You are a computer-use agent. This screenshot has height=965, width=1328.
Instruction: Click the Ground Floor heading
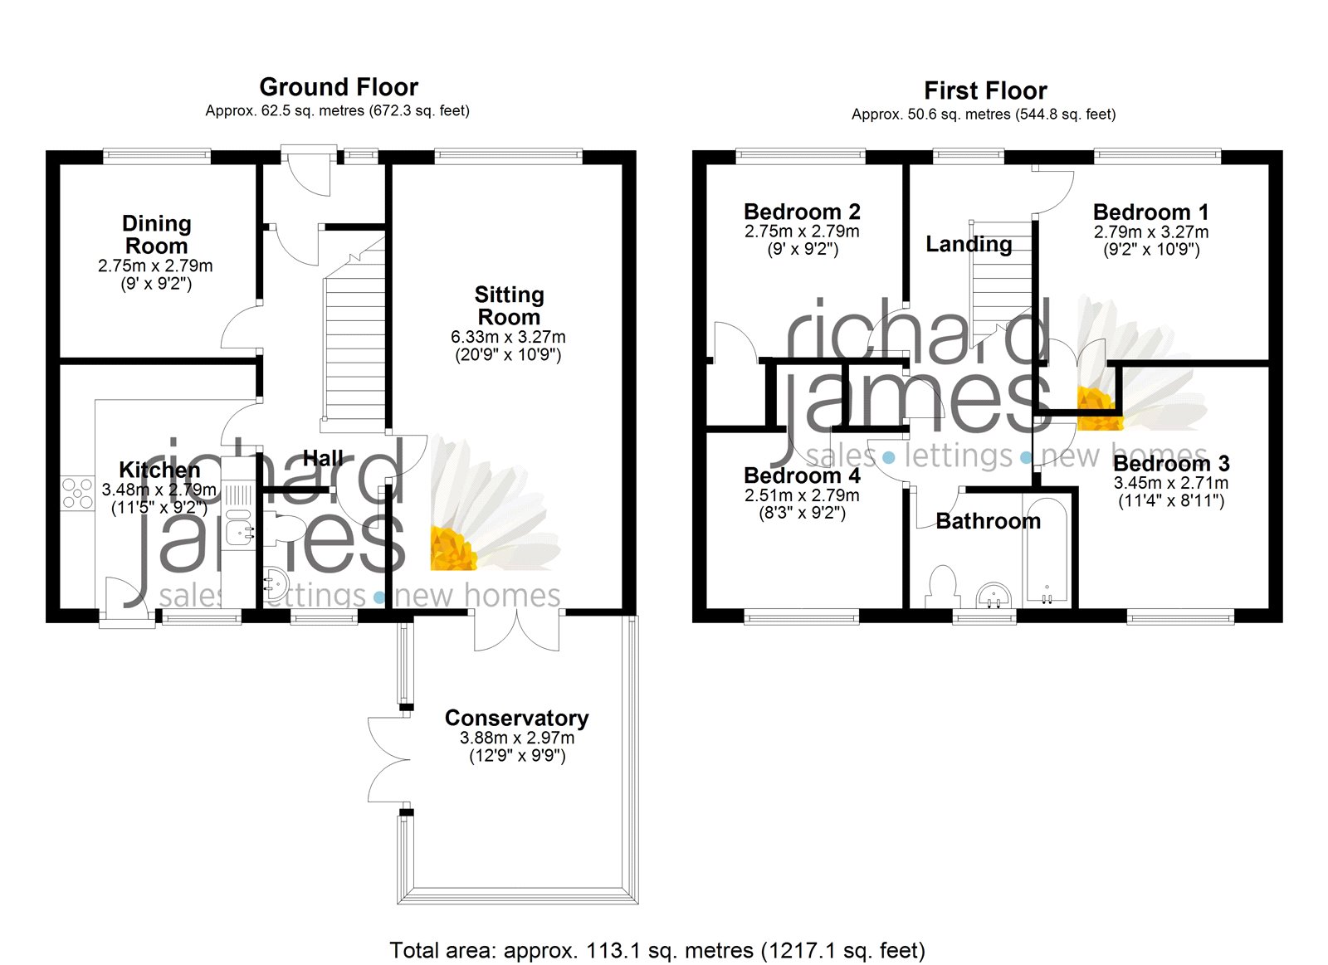pyautogui.click(x=339, y=87)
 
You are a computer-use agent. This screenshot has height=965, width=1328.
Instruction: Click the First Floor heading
pyautogui.click(x=985, y=90)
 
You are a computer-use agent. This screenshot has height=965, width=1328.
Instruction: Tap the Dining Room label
pyautogui.click(x=156, y=235)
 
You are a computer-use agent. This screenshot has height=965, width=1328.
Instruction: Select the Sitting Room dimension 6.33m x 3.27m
pyautogui.click(x=508, y=337)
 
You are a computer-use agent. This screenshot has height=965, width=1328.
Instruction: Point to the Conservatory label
pyautogui.click(x=516, y=718)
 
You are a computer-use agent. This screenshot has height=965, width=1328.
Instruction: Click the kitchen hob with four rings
pyautogui.click(x=77, y=493)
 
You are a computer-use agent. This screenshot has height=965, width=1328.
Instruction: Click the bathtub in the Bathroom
pyautogui.click(x=1047, y=549)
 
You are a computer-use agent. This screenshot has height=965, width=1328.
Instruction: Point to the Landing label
pyautogui.click(x=969, y=244)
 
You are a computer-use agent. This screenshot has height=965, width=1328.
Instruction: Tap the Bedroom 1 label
pyautogui.click(x=1150, y=212)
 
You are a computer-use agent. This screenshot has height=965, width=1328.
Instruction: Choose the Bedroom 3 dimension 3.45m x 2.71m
pyautogui.click(x=1170, y=483)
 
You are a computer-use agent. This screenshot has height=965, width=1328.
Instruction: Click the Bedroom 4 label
pyautogui.click(x=802, y=475)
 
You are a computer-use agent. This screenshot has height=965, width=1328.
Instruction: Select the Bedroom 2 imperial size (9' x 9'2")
pyautogui.click(x=802, y=249)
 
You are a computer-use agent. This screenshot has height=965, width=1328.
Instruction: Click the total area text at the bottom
pyautogui.click(x=657, y=950)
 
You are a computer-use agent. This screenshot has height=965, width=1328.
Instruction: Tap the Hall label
pyautogui.click(x=323, y=458)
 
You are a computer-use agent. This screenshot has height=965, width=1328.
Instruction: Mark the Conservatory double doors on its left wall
pyautogui.click(x=388, y=758)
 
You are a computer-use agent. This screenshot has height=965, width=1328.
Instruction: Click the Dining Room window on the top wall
pyautogui.click(x=157, y=154)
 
